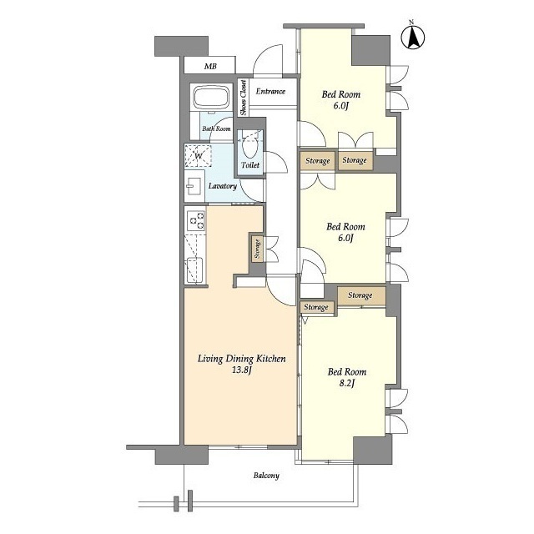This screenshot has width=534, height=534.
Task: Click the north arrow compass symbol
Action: click(413, 38)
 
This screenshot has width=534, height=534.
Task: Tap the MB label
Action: click(210, 67)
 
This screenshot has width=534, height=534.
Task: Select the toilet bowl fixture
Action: click(250, 148)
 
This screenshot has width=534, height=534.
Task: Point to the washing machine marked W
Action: click(199, 156)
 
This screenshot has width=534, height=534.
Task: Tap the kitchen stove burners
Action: click(196, 220)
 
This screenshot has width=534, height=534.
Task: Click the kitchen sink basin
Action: click(194, 269)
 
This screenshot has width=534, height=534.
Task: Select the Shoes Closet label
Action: click(243, 98)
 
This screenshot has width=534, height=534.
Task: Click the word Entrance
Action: click(270, 91)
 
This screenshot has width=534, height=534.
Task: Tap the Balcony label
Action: click(266, 475)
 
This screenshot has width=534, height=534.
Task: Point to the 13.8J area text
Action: click(241, 370)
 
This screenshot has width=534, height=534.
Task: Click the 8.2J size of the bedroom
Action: click(347, 384)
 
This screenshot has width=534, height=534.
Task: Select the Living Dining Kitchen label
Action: click(242, 359)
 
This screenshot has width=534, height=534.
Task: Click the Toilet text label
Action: click(250, 165)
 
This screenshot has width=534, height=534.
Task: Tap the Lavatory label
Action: click(223, 186)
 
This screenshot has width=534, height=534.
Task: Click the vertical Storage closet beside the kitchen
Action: click(258, 249)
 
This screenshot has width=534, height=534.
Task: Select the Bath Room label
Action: click(216, 128)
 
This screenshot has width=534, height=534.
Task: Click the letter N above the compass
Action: click(411, 23)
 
